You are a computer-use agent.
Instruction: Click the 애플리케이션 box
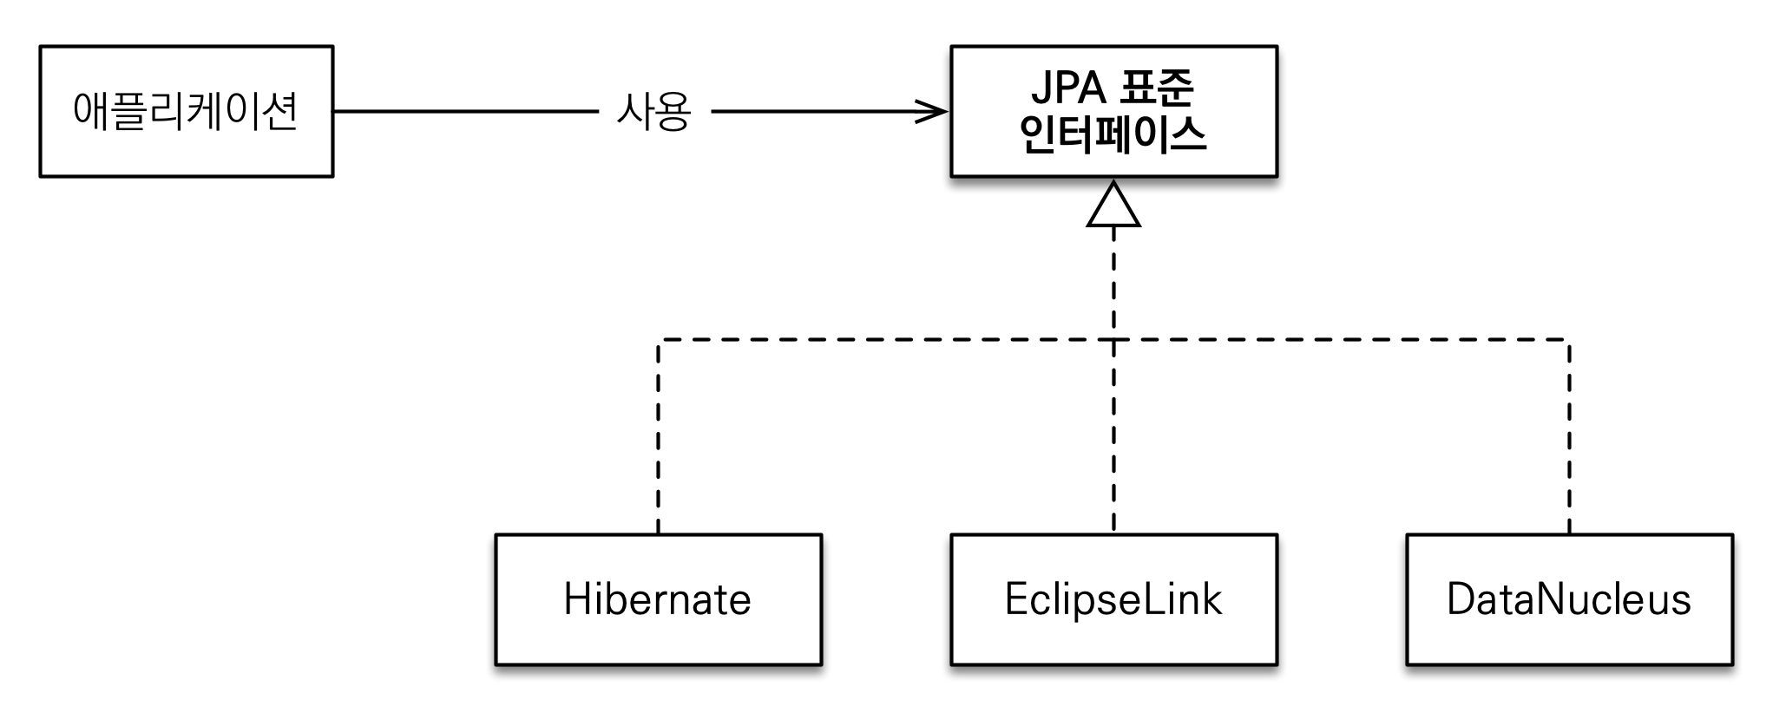pos(186,111)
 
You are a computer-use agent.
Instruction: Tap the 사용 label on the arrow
pos(653,112)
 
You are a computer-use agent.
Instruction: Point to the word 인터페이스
pos(1113,134)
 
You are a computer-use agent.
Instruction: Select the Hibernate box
pos(658,599)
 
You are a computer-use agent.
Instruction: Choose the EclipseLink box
pos(1113,599)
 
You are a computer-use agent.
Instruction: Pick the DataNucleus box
pos(1569,599)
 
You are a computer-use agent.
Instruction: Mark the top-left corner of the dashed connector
pos(659,340)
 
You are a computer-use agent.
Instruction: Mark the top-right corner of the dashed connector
pos(1569,340)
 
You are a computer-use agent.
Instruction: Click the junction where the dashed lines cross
pos(1113,340)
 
